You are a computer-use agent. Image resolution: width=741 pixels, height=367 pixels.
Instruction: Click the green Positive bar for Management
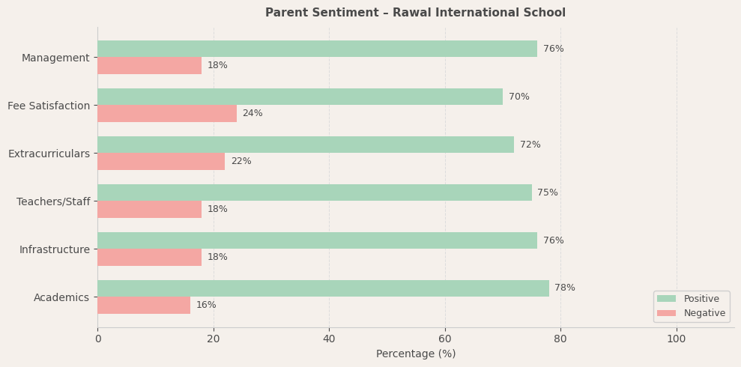[x=317, y=49]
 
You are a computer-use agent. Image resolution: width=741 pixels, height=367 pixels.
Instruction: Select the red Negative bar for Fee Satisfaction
[x=167, y=113]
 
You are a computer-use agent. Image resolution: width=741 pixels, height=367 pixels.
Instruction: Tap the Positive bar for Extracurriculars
[x=306, y=145]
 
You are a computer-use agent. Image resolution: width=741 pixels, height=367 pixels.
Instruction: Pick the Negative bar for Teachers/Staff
[x=149, y=209]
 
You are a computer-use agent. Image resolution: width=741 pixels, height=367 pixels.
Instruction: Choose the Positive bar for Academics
[x=323, y=288]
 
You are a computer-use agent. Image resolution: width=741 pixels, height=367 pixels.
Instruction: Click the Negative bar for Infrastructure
[x=149, y=257]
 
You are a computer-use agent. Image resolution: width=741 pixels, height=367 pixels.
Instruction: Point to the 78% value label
[x=565, y=288]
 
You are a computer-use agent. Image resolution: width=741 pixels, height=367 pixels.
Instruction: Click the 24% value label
[x=252, y=113]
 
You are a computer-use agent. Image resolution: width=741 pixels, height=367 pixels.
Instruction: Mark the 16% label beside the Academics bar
[x=206, y=305]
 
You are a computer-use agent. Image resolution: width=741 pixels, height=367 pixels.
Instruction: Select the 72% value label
[x=530, y=145]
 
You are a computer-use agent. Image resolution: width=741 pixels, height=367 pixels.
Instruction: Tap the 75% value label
[x=548, y=192]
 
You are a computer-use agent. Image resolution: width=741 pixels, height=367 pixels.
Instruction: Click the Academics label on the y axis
[x=61, y=297]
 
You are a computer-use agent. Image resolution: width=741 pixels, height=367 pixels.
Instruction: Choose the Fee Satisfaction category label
[x=49, y=106]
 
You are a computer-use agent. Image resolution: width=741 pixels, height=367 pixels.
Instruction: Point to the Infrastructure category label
[x=55, y=249]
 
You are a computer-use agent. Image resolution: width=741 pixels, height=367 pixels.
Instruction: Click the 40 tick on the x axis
[x=329, y=339]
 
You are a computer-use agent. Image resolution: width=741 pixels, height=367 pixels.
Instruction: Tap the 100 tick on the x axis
[x=677, y=339]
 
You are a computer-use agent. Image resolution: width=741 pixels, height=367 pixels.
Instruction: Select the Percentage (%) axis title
[x=416, y=354]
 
